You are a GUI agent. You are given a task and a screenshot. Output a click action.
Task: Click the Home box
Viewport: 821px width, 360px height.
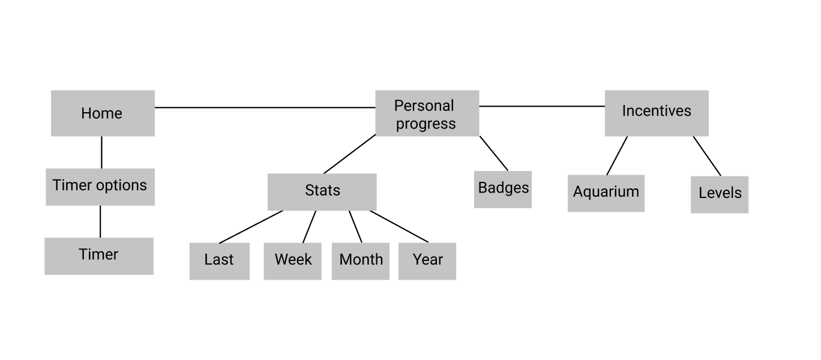(x=103, y=113)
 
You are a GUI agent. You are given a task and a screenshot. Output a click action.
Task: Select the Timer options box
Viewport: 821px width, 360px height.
(x=100, y=187)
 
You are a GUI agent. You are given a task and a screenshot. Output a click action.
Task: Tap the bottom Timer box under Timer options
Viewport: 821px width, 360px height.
(x=99, y=256)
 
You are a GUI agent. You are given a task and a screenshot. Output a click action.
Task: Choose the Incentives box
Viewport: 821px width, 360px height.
(x=657, y=113)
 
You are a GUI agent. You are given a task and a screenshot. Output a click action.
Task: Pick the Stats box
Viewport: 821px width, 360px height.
(x=322, y=192)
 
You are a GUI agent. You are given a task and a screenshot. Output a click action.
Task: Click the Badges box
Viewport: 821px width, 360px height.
(x=503, y=189)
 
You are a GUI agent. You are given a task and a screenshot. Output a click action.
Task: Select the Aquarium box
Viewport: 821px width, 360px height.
(x=606, y=193)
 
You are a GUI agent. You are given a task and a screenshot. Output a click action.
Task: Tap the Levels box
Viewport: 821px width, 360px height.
(x=720, y=194)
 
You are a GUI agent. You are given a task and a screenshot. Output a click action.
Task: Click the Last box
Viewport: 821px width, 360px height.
(x=219, y=260)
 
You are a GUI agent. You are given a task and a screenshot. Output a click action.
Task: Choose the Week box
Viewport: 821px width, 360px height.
(x=293, y=260)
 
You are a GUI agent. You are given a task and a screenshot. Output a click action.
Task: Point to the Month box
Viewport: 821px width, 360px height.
(x=361, y=260)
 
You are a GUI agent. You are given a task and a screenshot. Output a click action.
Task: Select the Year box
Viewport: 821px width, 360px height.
(x=427, y=260)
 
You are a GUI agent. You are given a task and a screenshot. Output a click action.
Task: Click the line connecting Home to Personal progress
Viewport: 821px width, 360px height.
(x=264, y=107)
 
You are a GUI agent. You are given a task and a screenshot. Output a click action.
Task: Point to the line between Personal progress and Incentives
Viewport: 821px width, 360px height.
(x=542, y=106)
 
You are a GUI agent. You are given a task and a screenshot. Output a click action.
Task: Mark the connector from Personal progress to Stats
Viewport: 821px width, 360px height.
(x=350, y=154)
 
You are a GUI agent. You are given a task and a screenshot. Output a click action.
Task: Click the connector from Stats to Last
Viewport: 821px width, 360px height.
(x=251, y=227)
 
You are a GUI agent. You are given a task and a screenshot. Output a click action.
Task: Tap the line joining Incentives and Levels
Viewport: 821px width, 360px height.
(x=707, y=156)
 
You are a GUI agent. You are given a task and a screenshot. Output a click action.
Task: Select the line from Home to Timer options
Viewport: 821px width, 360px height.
(x=101, y=152)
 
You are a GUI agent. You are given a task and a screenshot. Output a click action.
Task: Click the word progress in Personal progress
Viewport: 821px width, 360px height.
(x=426, y=124)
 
